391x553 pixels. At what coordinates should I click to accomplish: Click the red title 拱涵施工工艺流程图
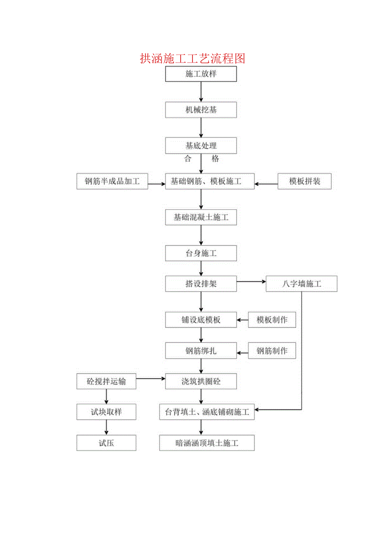click(193, 58)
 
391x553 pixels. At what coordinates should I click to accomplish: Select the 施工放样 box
click(201, 74)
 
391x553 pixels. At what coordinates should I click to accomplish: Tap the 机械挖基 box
click(201, 110)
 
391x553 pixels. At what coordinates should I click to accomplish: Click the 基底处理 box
click(201, 146)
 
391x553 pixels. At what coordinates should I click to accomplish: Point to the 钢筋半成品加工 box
click(112, 181)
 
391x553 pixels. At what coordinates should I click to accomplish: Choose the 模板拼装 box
click(305, 181)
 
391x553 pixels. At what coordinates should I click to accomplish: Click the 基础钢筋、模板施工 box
click(210, 181)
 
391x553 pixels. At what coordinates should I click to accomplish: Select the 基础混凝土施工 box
click(201, 218)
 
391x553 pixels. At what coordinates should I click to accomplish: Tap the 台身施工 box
click(201, 253)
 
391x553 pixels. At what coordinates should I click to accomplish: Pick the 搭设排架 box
click(201, 284)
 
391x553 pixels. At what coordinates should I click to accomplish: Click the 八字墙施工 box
click(301, 284)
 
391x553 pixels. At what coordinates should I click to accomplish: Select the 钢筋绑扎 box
click(201, 351)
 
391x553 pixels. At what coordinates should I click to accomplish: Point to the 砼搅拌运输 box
click(106, 381)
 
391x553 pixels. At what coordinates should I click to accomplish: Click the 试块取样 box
click(106, 412)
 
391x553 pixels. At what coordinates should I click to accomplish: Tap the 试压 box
click(106, 443)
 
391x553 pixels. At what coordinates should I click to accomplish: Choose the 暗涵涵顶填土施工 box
click(207, 443)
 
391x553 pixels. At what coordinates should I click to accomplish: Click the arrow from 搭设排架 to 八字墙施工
click(251, 281)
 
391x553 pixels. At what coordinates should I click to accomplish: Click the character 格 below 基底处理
click(215, 159)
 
